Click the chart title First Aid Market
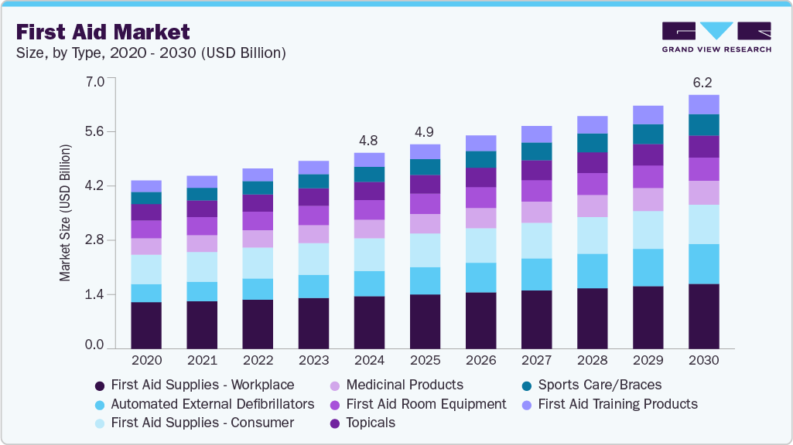coord(102,32)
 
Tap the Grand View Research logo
coord(716,37)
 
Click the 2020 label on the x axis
coord(146,360)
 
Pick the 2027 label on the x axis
coord(536,360)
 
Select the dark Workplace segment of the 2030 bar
coord(703,317)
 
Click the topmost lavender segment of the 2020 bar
coord(146,186)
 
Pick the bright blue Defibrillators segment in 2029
coord(648,267)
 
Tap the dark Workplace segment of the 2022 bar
coord(258,324)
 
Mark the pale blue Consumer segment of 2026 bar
coord(480,246)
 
